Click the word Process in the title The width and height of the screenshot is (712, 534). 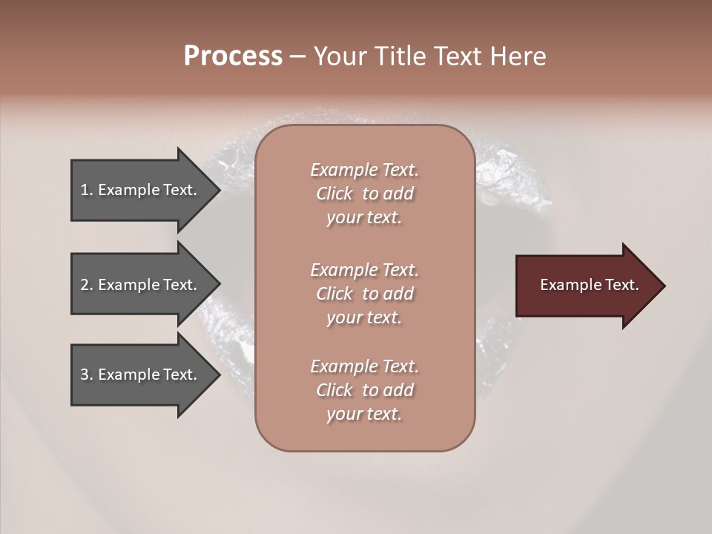point(233,56)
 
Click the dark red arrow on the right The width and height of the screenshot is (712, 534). point(586,286)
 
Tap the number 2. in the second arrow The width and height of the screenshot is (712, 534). point(87,285)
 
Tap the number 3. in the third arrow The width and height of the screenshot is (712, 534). point(87,375)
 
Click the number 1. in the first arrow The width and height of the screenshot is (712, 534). point(87,190)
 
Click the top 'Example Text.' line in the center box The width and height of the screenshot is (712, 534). point(364,170)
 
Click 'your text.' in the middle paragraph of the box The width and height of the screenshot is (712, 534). point(364,317)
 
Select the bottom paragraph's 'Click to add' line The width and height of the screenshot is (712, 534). point(364,390)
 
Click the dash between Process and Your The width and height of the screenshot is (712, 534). point(298,56)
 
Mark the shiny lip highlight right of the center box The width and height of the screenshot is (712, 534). point(504,167)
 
